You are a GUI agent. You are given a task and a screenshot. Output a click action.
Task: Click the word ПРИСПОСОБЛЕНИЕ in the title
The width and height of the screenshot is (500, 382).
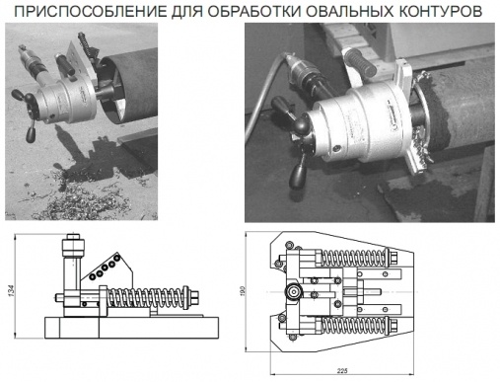coord(91,11)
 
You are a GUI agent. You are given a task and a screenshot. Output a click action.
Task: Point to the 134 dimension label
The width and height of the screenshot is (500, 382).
coord(12,290)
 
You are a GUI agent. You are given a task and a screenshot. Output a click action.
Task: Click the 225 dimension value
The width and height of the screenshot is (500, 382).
coord(342,371)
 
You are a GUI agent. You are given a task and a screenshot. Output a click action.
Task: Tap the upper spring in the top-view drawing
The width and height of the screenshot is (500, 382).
coord(353,257)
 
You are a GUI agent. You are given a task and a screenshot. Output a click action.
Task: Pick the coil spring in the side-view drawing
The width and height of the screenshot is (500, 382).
coord(146,297)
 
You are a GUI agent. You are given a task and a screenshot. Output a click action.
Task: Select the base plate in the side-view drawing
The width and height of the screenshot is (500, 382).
coord(132,328)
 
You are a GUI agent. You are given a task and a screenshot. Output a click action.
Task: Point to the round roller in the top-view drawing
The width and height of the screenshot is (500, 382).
coord(293,291)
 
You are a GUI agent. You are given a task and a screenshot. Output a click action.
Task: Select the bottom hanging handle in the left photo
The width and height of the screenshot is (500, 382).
coord(31,133)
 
